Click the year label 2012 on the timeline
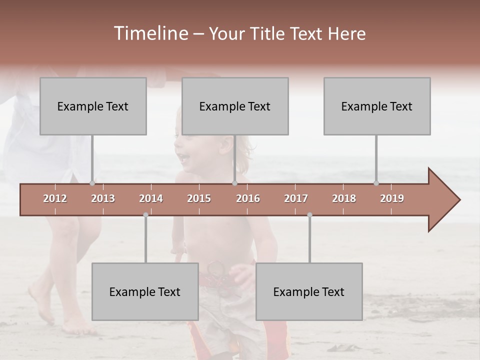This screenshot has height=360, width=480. coord(55,198)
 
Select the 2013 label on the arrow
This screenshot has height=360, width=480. coord(103,198)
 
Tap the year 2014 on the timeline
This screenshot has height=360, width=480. coord(151,198)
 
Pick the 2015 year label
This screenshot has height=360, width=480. coord(199,198)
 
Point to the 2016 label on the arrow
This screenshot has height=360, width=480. coord(248,198)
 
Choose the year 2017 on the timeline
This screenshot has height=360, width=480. coord(296,198)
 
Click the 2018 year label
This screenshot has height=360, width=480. coord(344,198)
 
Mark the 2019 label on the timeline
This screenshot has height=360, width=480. coord(392,198)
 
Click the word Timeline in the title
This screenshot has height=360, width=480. coord(150,33)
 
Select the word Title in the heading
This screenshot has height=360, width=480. coord(267,33)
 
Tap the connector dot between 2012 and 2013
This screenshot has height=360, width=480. coord(92,183)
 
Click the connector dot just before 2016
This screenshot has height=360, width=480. coord(234,183)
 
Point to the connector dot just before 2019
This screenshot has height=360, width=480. coord(376,183)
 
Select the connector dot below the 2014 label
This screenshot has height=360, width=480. coord(145,215)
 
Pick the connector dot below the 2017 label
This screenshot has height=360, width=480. coord(309,215)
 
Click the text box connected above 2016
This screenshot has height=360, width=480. coord(235,106)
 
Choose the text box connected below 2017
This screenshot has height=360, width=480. coord(309,291)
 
